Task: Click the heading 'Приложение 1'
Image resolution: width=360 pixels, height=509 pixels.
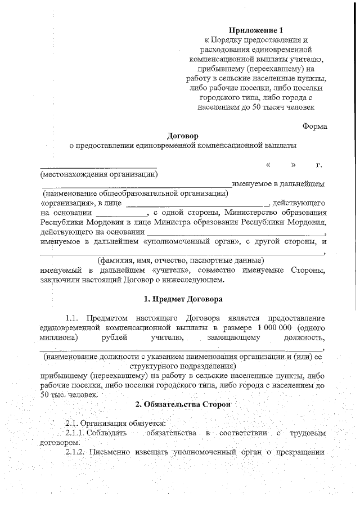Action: [x=254, y=30]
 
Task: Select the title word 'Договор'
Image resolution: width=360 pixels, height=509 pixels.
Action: [x=183, y=136]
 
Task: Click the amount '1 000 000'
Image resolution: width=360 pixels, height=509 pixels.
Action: [x=274, y=327]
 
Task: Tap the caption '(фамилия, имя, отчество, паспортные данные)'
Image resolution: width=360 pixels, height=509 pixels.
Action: [x=181, y=261]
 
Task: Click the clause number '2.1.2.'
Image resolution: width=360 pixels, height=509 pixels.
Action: [x=77, y=453]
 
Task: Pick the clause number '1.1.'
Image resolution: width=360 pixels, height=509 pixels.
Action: [x=75, y=318]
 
